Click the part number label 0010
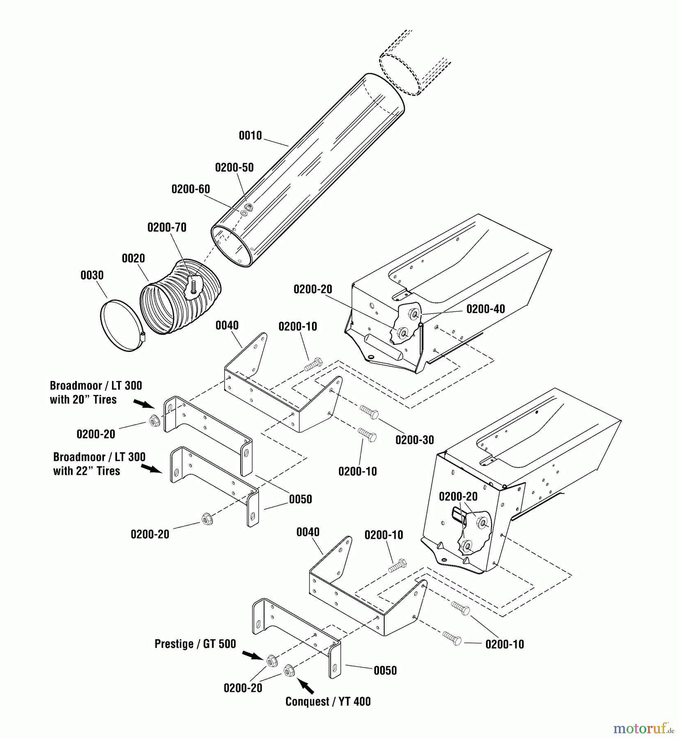point(250,135)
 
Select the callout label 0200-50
point(234,168)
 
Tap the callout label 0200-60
point(190,189)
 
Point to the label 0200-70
point(167,227)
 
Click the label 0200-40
point(485,309)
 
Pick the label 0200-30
point(414,440)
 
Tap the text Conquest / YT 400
point(328,702)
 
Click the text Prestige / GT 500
point(195,644)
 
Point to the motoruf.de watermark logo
point(643,728)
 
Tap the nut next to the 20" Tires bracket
point(154,420)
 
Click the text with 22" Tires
point(86,471)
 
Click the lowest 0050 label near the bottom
point(385,670)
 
